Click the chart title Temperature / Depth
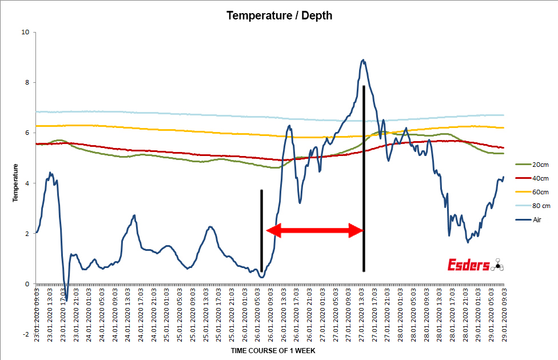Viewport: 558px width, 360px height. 279,15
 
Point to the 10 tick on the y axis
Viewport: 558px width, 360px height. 25,32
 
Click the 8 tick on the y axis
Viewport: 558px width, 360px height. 27,82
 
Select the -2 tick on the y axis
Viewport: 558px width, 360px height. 26,334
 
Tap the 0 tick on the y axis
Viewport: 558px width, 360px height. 27,284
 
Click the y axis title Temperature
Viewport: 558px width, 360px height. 16,183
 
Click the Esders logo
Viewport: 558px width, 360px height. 475,265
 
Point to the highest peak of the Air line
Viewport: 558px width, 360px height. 363,59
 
